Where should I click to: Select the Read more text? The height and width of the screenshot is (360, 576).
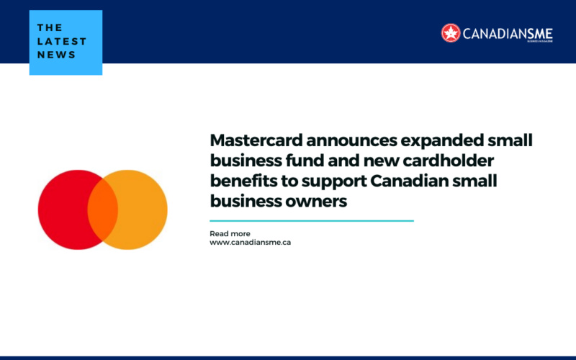(230, 234)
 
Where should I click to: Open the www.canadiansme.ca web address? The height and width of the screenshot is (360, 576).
(250, 243)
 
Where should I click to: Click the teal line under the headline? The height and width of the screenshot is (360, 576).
(311, 221)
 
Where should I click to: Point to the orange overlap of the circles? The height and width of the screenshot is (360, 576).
(102, 210)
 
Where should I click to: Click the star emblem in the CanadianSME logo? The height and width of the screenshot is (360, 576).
(451, 32)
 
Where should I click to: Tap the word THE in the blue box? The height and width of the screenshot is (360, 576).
(50, 27)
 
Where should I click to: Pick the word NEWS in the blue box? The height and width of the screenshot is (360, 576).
(56, 55)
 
